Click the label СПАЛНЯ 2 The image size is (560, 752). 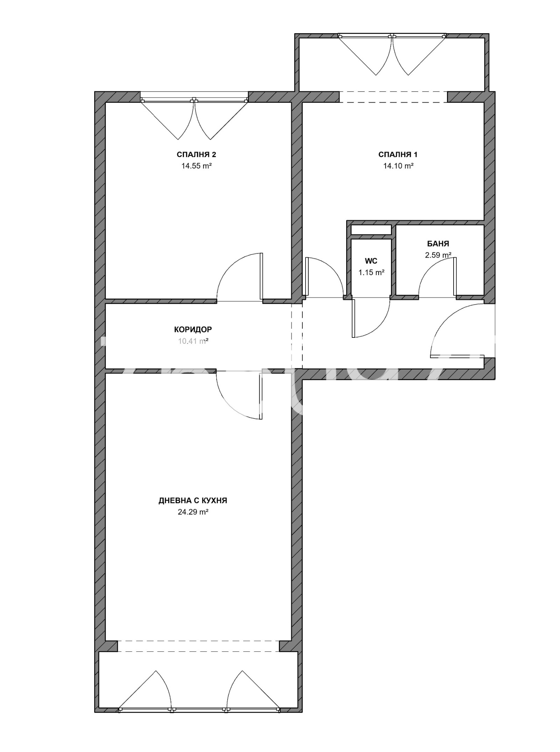pos(196,155)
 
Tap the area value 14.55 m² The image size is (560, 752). pos(196,166)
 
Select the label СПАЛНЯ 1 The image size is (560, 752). pos(398,155)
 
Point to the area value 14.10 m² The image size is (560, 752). pos(398,166)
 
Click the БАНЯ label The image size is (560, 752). pos(438,244)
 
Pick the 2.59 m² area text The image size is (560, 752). pos(438,255)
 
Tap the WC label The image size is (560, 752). pos(371,261)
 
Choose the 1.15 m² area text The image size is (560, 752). pos(371,273)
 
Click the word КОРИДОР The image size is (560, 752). pos(193,329)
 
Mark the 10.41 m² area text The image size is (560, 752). pos(193,341)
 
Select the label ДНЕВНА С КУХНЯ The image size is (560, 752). pos(193,500)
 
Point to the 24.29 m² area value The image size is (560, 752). pos(193,512)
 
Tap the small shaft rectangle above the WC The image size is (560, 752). pos(371,230)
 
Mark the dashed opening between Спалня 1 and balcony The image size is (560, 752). pos(393,97)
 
